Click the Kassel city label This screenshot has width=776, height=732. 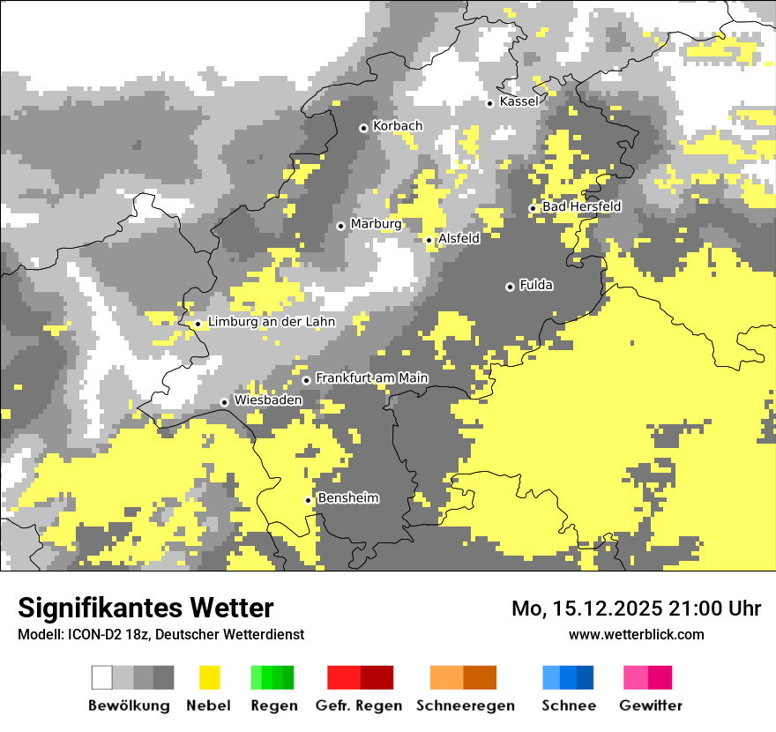519,101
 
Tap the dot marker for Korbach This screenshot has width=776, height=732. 363,128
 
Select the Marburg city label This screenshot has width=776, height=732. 376,224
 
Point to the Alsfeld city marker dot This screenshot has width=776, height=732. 429,240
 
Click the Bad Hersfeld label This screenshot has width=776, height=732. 581,206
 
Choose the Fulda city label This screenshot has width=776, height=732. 536,285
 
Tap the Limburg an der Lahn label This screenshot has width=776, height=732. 271,322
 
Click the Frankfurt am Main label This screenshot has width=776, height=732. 371,377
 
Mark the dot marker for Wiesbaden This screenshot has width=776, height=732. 225,402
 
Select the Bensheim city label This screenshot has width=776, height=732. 347,498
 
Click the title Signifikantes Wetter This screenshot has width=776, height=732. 145,608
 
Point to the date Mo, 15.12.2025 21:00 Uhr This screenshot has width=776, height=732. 636,609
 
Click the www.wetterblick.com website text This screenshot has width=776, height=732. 636,634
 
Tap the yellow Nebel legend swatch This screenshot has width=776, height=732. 209,677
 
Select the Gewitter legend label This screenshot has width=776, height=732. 650,706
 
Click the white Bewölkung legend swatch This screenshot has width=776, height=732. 102,677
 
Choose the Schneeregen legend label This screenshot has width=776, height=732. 465,706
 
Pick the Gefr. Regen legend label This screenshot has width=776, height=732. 358,706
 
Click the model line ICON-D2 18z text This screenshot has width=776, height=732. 160,634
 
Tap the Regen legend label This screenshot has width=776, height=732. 272,706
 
